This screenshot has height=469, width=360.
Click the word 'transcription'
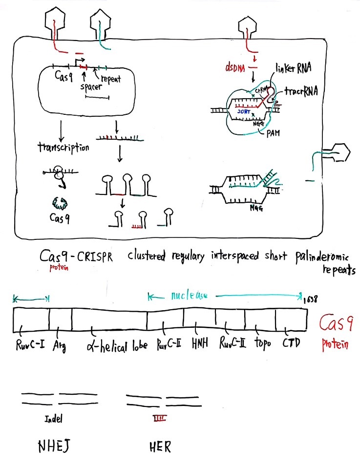tap(64, 147)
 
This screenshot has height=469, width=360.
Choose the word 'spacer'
tap(91, 86)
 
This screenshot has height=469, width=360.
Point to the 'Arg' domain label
tap(60, 346)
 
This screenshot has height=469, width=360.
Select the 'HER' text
tap(160, 447)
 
